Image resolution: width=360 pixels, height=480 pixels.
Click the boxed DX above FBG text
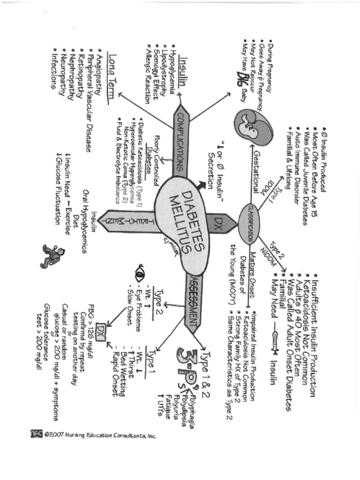[100, 332]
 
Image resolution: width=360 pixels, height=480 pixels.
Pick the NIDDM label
[266, 259]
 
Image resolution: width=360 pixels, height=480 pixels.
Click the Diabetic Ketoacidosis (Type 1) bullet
[140, 155]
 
